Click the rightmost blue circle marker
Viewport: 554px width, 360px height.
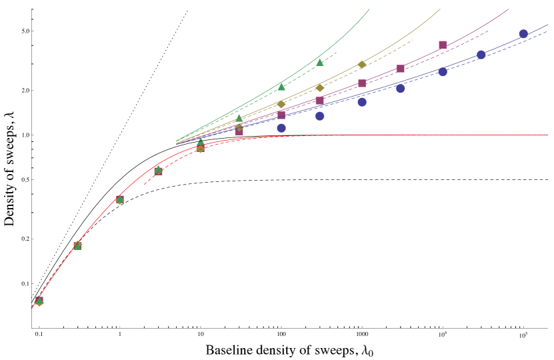tap(523, 34)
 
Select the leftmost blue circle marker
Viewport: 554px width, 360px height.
tap(281, 128)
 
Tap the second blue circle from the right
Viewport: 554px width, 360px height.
tap(481, 55)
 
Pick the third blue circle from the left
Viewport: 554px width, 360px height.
tap(362, 102)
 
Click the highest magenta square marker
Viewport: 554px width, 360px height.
tap(443, 45)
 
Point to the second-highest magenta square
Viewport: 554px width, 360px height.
tap(400, 69)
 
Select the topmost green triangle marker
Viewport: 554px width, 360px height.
tap(319, 62)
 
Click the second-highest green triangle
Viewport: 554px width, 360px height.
tap(281, 87)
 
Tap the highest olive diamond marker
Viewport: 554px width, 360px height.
tap(362, 65)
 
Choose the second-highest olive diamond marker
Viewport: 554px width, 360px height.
tap(319, 88)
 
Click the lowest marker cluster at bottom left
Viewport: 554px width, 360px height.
tap(39, 301)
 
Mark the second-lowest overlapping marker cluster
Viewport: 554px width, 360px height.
tap(77, 246)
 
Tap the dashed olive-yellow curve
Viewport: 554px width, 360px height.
tap(387, 53)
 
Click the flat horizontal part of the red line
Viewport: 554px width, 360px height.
tap(433, 135)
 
